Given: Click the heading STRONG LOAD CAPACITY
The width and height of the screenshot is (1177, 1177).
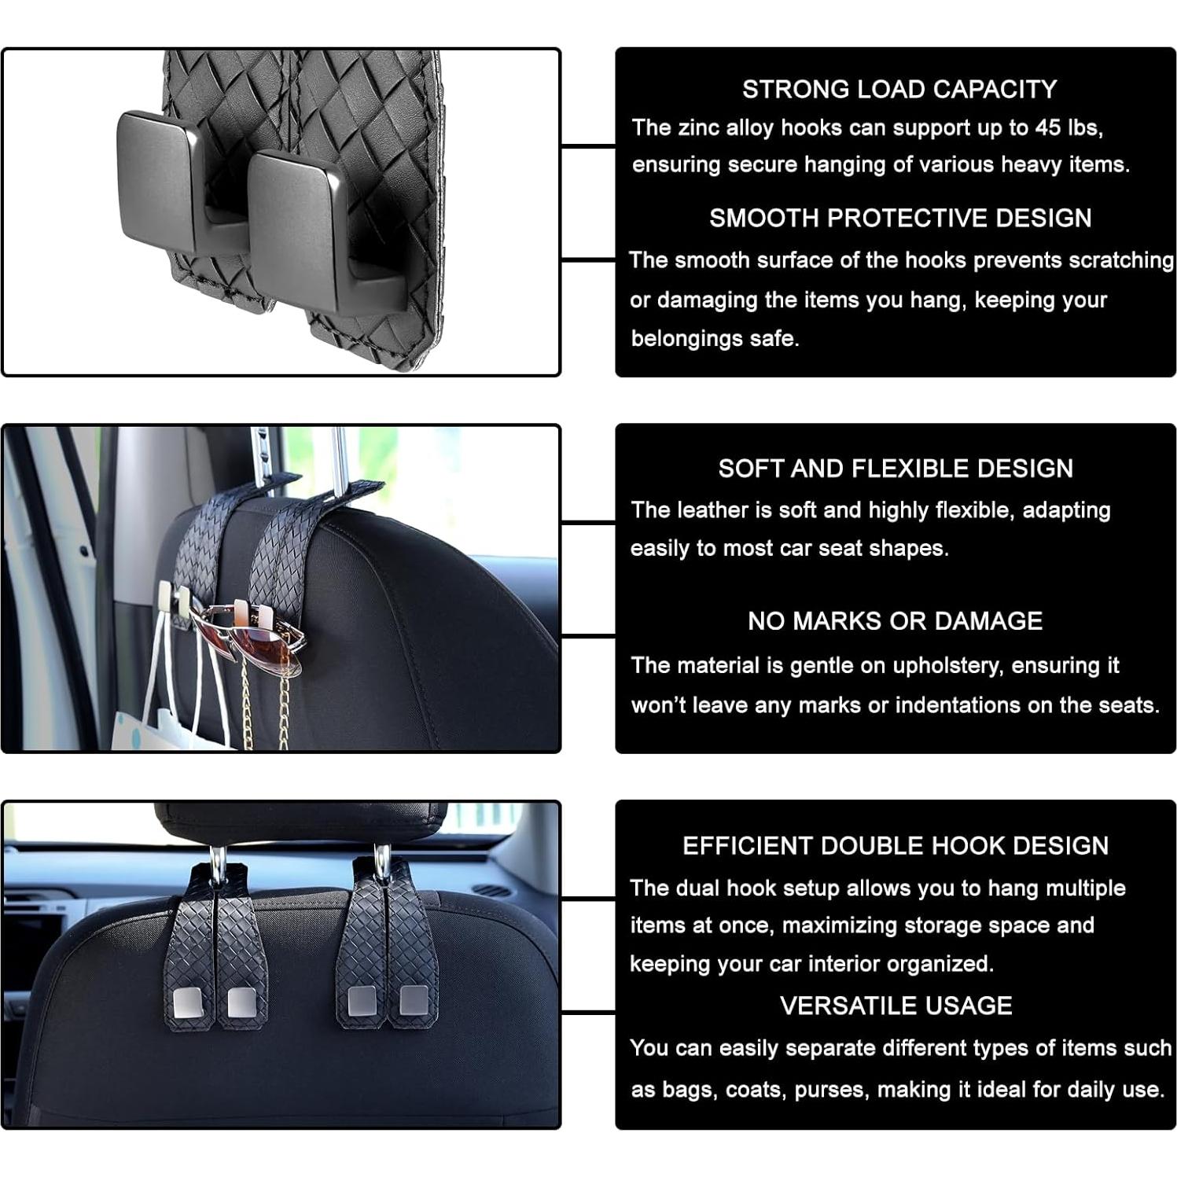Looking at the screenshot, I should coord(899,90).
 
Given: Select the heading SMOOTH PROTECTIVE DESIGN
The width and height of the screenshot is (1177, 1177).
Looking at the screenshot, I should coord(899,218).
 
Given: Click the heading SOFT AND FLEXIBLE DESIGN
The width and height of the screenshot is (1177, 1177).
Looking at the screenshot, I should coord(895,469).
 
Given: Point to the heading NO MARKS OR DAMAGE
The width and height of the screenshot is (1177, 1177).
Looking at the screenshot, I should coord(895,621).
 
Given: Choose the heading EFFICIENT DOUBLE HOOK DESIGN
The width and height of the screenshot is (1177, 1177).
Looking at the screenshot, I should coord(895,846).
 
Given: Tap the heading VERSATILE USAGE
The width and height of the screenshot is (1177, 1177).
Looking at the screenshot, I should coord(896,1006).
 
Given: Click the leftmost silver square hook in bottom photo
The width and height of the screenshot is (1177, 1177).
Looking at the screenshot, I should coord(187,1002).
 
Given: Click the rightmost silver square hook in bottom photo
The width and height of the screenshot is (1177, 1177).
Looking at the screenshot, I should coord(414,1000).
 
